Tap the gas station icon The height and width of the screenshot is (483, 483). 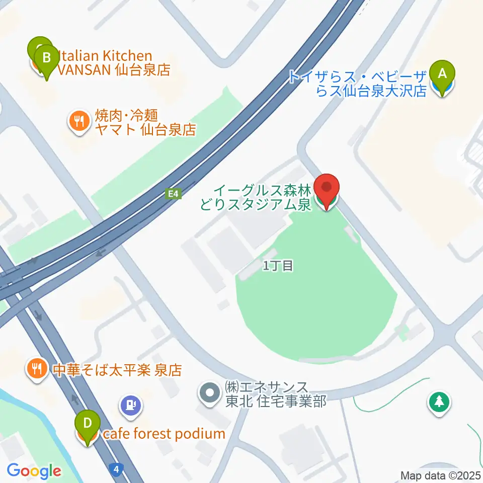(x=131, y=404)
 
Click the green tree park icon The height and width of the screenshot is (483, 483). (x=439, y=401)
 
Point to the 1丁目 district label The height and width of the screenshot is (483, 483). (x=278, y=266)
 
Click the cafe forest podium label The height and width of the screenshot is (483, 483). (x=164, y=434)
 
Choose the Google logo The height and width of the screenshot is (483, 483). (x=34, y=471)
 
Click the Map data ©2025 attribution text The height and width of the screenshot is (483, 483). (x=441, y=475)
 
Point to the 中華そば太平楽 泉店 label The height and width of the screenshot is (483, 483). (x=117, y=371)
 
